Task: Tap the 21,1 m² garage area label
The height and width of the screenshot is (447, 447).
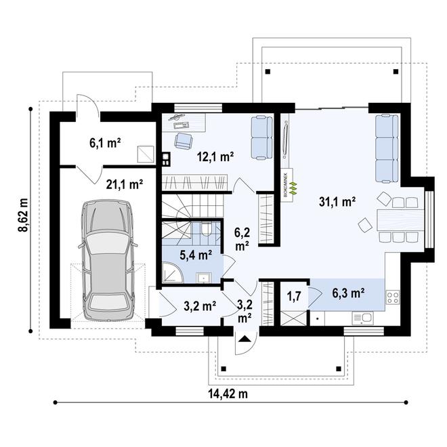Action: pos(124,183)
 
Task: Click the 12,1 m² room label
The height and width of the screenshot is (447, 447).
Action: pos(215,156)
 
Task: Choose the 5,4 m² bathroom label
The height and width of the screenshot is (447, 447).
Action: pos(196,255)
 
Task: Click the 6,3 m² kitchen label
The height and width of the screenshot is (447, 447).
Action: pos(348,293)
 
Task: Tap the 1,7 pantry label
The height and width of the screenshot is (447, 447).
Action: pos(294,295)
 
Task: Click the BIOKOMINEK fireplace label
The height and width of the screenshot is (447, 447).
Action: pos(285,183)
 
